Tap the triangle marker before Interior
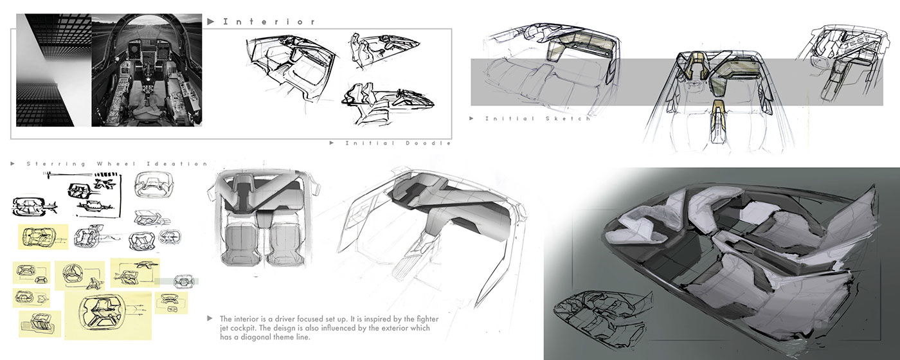coord(211,21)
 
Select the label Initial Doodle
coord(398,143)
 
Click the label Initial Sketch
coord(538,118)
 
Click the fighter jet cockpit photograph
coord(147,71)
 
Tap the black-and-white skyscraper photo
coord(54,71)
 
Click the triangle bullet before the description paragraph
coord(210,318)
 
